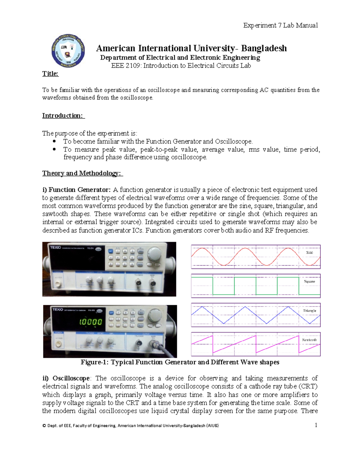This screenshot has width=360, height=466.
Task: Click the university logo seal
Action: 68,51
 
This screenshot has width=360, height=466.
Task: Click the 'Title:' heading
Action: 50,74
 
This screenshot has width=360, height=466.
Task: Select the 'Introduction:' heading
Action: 63,116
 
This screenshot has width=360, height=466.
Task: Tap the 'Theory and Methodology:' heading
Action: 82,173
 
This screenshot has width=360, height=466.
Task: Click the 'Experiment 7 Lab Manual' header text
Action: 280,25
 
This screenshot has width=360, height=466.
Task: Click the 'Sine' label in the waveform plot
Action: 309,253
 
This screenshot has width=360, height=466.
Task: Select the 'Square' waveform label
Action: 309,281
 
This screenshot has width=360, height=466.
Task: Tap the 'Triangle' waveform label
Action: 309,311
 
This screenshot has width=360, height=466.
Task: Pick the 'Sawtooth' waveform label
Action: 309,340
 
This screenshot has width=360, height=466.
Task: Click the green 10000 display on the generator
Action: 90,322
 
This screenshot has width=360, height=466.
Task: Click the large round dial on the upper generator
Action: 154,254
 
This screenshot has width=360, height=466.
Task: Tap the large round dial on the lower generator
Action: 155,315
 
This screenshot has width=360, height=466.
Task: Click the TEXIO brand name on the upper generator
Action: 55,248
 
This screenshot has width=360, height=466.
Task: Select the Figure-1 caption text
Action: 180,362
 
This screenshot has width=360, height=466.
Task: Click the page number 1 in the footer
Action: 316,425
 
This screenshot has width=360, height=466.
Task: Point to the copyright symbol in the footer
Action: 44,425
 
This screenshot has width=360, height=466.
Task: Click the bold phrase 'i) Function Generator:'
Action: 76,190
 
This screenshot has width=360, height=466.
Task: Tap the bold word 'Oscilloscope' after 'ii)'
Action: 71,378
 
